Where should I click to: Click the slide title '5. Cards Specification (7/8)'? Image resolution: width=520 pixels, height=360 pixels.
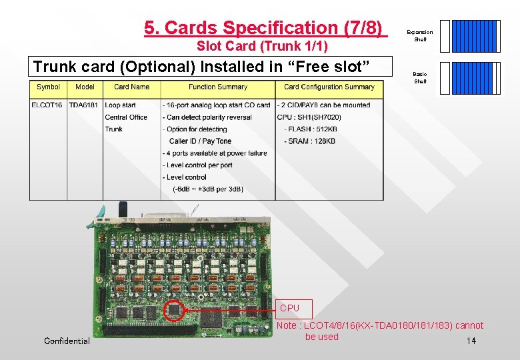(x=265, y=28)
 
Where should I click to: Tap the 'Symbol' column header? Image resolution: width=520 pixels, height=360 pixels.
(x=48, y=87)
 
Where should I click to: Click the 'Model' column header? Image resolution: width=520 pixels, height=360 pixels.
(x=85, y=87)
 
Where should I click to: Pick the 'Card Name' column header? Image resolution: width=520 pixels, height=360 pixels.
(x=131, y=87)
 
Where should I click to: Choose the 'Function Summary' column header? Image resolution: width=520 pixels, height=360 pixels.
(x=217, y=87)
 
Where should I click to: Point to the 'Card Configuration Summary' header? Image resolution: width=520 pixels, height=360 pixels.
(x=329, y=87)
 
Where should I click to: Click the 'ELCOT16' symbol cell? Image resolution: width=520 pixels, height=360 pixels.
(x=47, y=105)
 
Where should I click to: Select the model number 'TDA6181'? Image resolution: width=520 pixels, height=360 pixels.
(x=83, y=105)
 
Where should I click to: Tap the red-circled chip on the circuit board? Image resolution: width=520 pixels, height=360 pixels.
(x=175, y=309)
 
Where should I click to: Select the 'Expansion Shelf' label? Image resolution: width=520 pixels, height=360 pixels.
(x=420, y=35)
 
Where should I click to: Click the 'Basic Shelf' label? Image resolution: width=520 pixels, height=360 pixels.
(x=420, y=77)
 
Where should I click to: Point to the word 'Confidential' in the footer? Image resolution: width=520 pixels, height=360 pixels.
(x=67, y=341)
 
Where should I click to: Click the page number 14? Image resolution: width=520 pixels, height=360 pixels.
(x=471, y=341)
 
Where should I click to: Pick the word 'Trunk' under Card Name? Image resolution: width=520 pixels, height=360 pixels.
(x=114, y=129)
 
